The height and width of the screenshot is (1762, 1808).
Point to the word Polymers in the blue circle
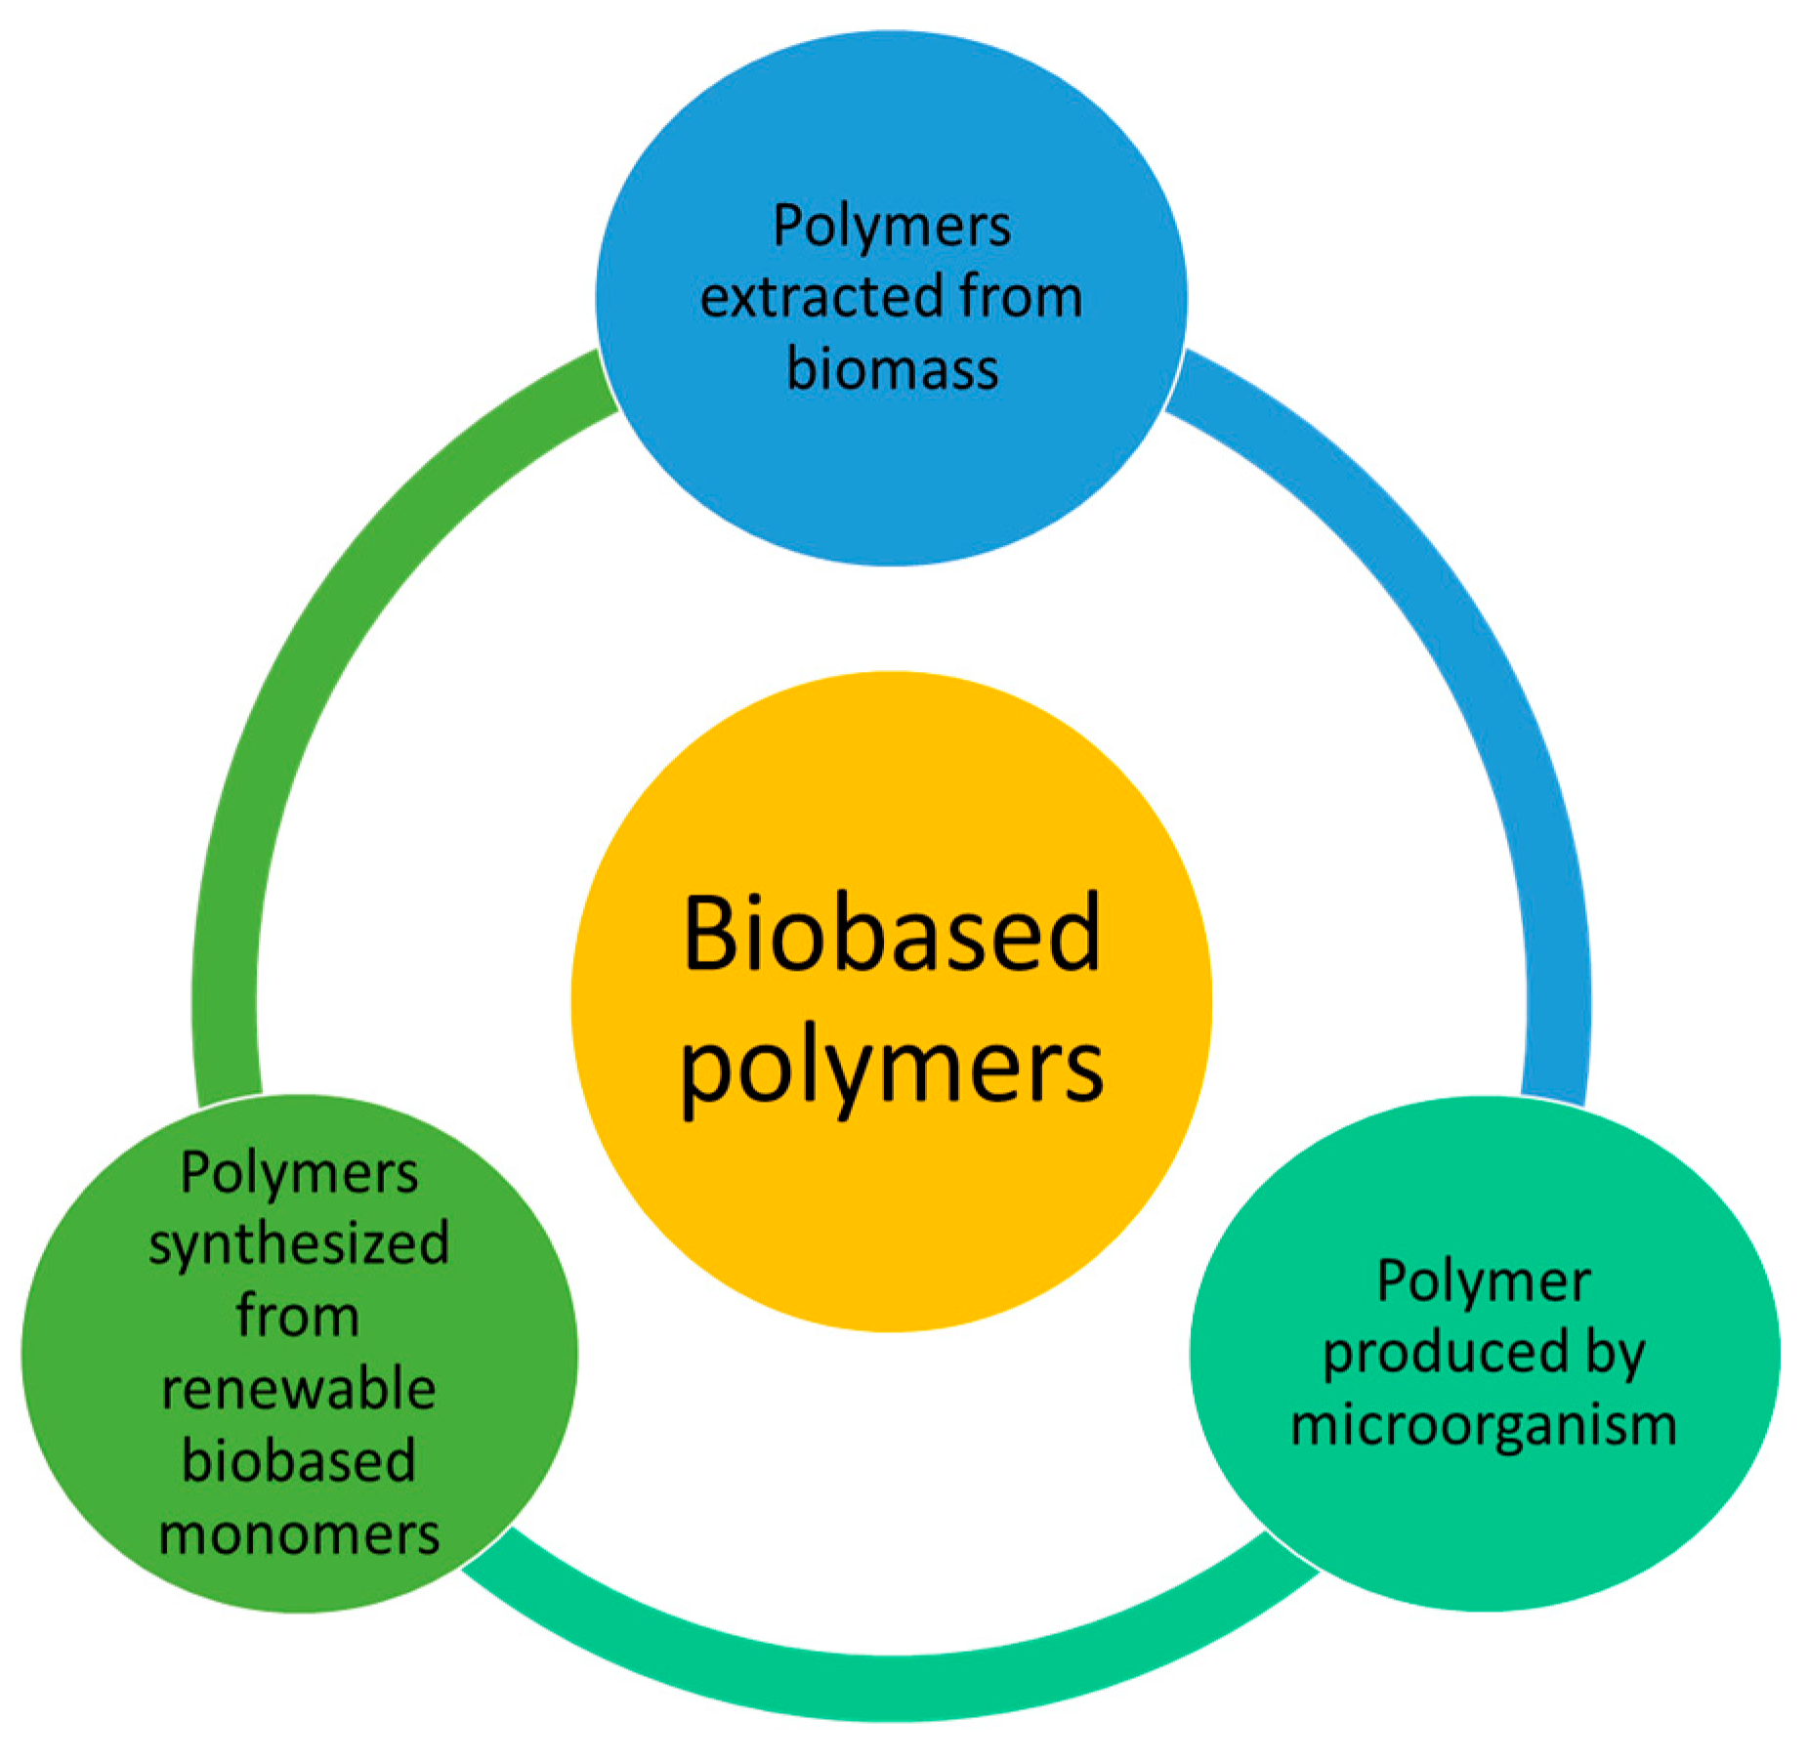tap(891, 227)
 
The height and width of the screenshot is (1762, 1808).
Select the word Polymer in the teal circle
tap(1483, 1280)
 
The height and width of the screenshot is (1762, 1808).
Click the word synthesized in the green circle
tap(299, 1243)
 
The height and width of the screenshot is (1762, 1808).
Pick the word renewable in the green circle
tap(299, 1388)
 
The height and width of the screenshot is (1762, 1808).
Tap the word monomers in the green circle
tap(299, 1533)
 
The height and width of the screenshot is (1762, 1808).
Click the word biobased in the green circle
tap(299, 1460)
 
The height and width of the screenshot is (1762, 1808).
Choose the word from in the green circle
tap(298, 1316)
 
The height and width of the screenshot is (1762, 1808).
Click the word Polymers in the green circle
tap(299, 1172)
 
